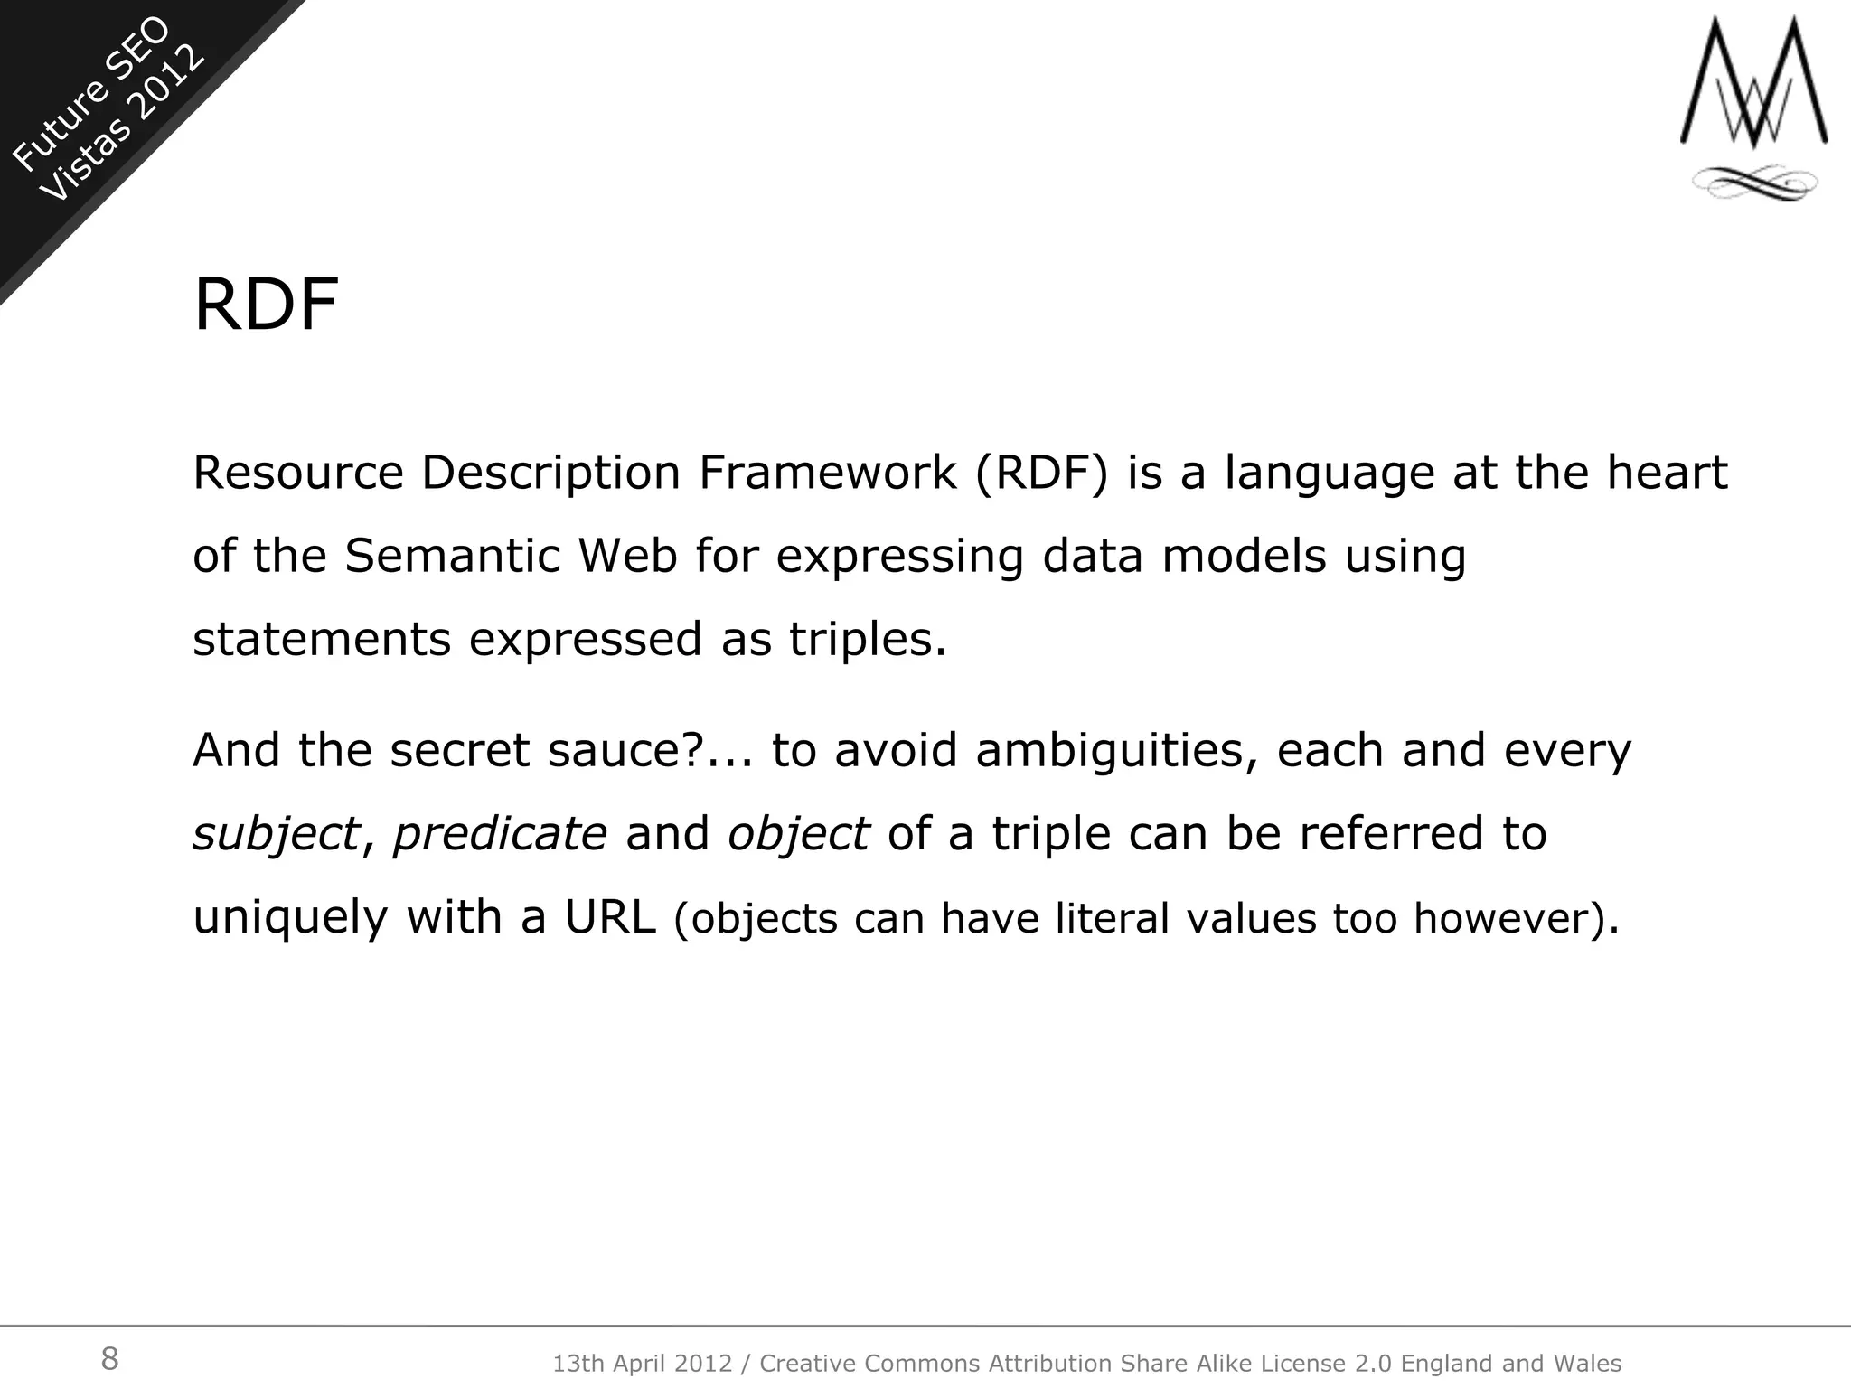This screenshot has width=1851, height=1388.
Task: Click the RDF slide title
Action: (266, 305)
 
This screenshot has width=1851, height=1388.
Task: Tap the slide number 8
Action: (109, 1358)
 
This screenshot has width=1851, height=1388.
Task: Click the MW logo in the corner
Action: (1753, 86)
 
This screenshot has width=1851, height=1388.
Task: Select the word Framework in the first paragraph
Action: (826, 473)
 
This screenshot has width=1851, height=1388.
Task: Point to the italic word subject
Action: (276, 834)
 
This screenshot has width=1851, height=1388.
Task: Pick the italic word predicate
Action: (500, 834)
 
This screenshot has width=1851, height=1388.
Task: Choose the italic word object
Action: (798, 834)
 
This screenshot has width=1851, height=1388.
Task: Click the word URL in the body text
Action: (610, 917)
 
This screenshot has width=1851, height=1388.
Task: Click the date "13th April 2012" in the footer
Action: (642, 1364)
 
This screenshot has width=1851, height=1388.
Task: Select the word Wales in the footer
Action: (1586, 1364)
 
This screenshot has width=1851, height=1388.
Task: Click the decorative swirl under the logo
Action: (1753, 183)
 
